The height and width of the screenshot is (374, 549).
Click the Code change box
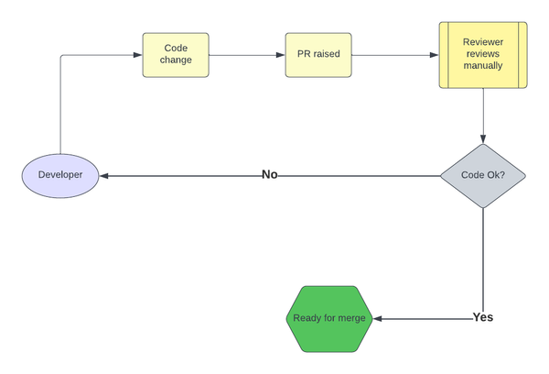coord(177,54)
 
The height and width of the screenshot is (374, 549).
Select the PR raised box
coord(318,54)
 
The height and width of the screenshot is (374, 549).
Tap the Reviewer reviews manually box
coord(482,55)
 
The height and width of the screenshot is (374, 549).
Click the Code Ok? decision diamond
coord(482,175)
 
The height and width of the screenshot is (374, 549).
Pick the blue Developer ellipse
coord(59,175)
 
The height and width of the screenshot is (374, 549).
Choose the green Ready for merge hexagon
coord(329,318)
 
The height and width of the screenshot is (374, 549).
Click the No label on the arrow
coord(270,174)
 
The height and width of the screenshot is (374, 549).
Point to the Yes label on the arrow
coord(483,317)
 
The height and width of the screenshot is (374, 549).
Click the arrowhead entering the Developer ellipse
coord(104,175)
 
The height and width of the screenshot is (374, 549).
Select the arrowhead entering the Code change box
coord(137,55)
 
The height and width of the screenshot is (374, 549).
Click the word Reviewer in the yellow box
coord(482,41)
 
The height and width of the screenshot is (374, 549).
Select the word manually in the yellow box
coord(482,68)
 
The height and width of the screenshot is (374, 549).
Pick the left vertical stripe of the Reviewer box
coord(444,55)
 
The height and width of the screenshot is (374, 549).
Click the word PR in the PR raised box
coord(304,54)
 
